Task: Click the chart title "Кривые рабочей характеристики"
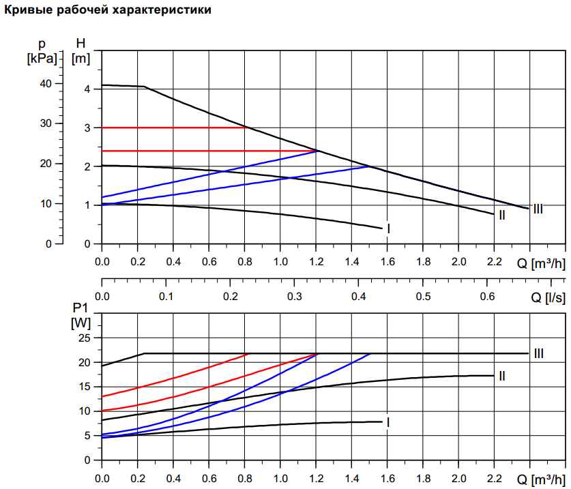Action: pyautogui.click(x=108, y=10)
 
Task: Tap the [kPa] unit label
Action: pyautogui.click(x=42, y=59)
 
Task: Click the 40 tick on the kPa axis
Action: pyautogui.click(x=46, y=83)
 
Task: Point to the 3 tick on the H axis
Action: pyautogui.click(x=87, y=128)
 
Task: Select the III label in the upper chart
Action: pyautogui.click(x=538, y=209)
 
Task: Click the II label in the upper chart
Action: pyautogui.click(x=501, y=216)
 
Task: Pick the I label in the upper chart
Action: pyautogui.click(x=388, y=228)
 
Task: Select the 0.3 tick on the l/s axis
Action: pyautogui.click(x=295, y=297)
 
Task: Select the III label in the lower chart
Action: pyautogui.click(x=538, y=353)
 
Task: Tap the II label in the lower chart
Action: pyautogui.click(x=501, y=376)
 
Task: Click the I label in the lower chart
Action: pyautogui.click(x=388, y=422)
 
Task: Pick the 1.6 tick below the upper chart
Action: pyautogui.click(x=387, y=262)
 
